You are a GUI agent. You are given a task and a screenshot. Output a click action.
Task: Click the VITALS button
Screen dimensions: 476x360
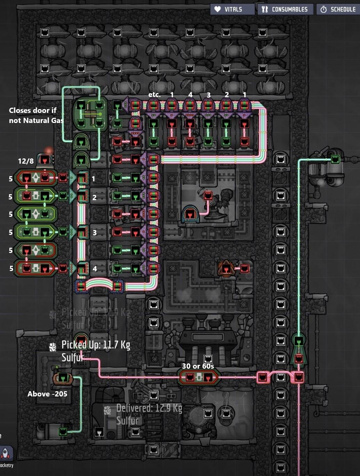[x=232, y=9]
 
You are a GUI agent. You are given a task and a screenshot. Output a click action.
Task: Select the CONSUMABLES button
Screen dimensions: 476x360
[x=285, y=9]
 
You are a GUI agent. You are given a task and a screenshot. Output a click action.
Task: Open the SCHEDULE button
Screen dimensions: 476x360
[x=338, y=9]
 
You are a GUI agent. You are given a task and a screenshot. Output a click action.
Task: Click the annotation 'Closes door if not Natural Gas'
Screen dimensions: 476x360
[x=36, y=115]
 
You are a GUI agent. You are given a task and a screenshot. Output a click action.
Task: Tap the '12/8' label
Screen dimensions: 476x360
[x=26, y=161]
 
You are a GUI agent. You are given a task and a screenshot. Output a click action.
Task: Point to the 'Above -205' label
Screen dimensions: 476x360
[x=47, y=394]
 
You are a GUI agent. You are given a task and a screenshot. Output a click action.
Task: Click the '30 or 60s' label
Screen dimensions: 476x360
[x=198, y=366]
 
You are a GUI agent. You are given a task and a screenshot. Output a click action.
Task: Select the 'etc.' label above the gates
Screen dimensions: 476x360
[x=154, y=95]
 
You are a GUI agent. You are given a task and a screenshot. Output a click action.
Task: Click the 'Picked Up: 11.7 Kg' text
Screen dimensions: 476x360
[x=96, y=345]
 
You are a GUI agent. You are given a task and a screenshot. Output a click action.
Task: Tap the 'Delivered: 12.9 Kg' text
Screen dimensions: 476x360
[x=149, y=408]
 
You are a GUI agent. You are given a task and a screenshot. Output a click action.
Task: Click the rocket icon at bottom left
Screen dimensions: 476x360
[x=6, y=453]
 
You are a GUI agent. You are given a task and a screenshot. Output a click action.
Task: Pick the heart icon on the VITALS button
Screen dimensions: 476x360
[x=218, y=9]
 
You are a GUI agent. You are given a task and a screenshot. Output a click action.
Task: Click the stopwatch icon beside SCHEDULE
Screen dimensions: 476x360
[x=324, y=9]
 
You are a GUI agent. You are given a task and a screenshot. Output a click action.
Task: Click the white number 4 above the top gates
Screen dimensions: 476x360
[x=190, y=95]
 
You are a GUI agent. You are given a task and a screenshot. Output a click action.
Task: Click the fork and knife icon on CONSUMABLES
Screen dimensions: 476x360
[x=265, y=9]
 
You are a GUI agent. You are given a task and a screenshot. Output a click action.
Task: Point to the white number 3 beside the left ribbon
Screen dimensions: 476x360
[x=95, y=232]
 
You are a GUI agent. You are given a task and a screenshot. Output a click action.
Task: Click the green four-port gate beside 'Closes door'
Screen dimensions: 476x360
[x=90, y=114]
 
